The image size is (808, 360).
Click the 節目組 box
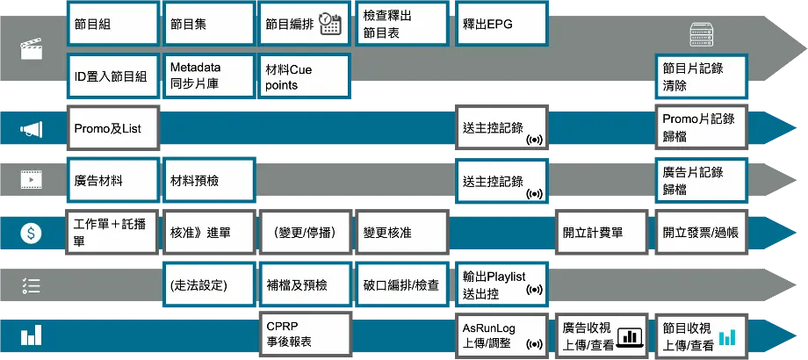pyautogui.click(x=113, y=25)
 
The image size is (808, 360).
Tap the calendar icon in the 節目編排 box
pyautogui.click(x=330, y=24)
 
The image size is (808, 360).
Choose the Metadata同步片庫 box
pyautogui.click(x=208, y=76)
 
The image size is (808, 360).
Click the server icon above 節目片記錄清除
pyautogui.click(x=700, y=36)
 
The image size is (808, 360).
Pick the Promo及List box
pyautogui.click(x=113, y=129)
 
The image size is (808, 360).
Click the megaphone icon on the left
pyautogui.click(x=32, y=131)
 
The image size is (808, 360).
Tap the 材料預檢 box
pyautogui.click(x=208, y=181)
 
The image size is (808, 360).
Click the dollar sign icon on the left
pyautogui.click(x=32, y=234)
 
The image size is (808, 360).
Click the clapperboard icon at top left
pyautogui.click(x=32, y=50)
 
